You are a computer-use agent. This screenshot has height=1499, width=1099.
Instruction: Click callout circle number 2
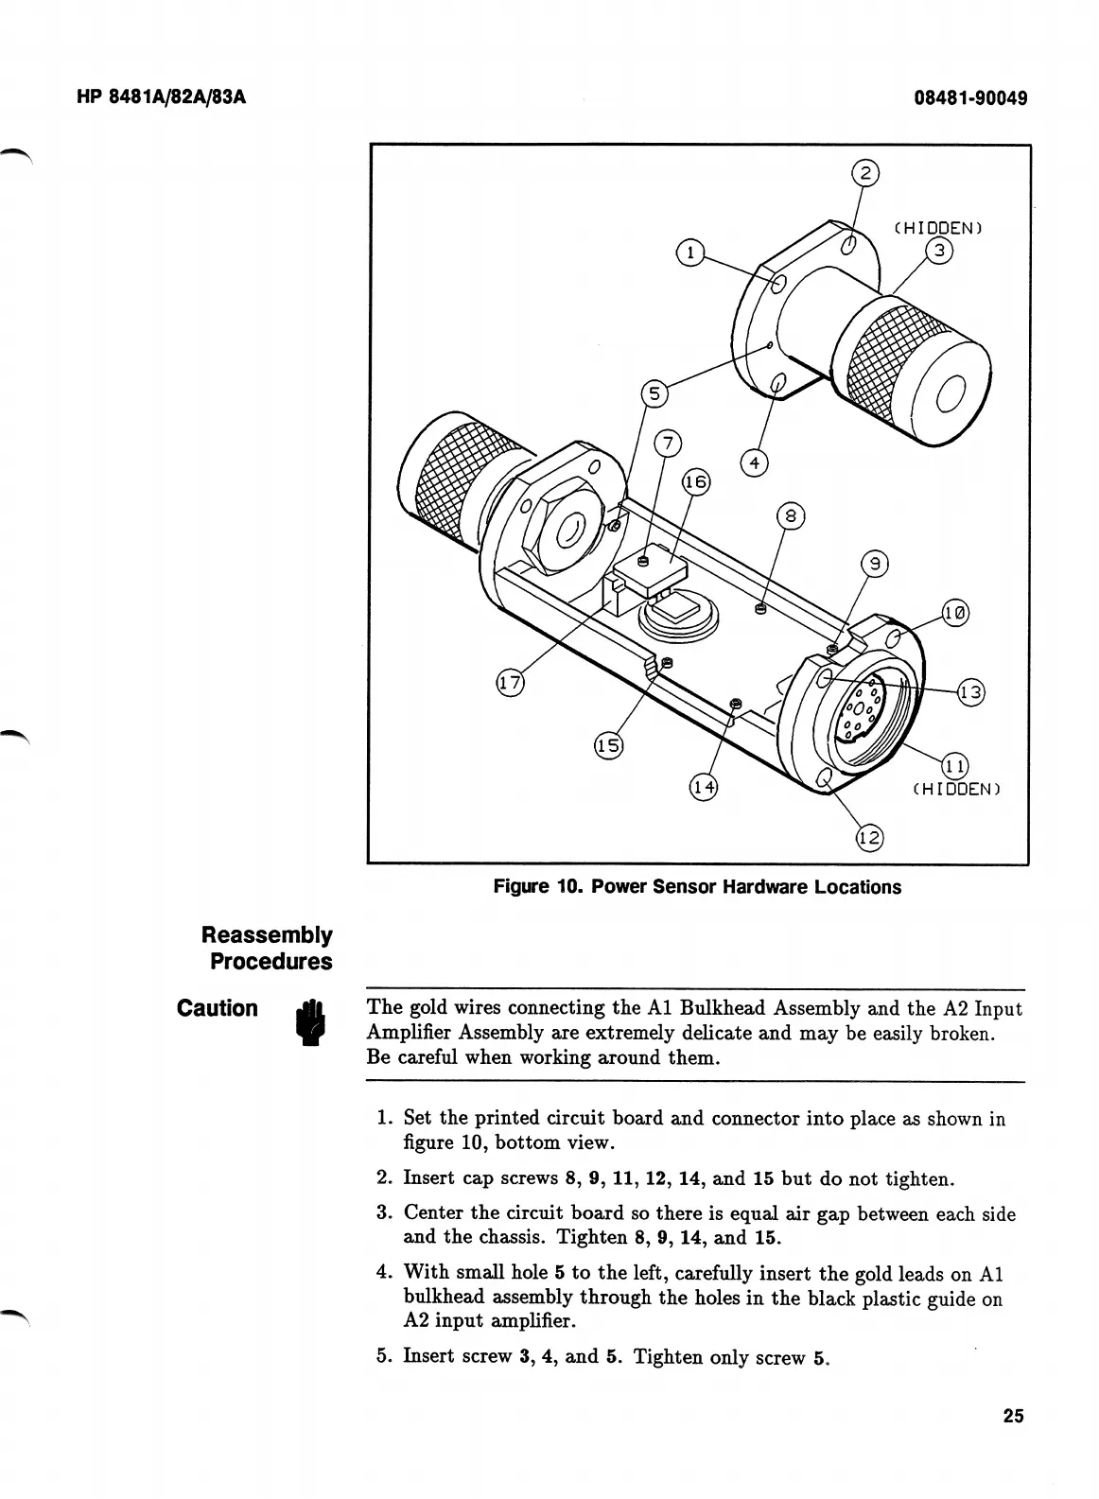pos(864,173)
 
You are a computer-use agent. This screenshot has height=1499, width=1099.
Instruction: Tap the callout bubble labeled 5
pos(654,393)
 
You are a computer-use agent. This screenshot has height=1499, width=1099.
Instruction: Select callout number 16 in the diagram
pos(695,482)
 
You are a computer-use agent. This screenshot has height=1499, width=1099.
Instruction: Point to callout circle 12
pos(869,837)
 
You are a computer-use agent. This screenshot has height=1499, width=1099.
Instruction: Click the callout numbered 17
pos(511,683)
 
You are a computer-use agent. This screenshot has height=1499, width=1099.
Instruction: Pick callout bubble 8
pos(791,516)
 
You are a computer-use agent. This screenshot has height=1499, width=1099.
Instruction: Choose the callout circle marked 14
pos(703,786)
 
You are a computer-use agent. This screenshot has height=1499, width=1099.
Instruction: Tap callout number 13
pos(971,693)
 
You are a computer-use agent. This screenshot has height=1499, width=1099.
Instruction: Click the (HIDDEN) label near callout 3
pos(938,228)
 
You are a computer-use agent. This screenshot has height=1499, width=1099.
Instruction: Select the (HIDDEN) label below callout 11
pos(955,788)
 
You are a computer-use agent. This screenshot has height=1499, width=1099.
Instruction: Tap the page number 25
pos(1013,1416)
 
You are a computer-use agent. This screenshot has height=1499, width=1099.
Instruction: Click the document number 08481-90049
pos(970,98)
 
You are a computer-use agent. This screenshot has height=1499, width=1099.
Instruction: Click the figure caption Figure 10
pos(697,887)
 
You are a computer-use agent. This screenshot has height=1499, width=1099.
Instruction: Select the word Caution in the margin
pos(218,1008)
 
